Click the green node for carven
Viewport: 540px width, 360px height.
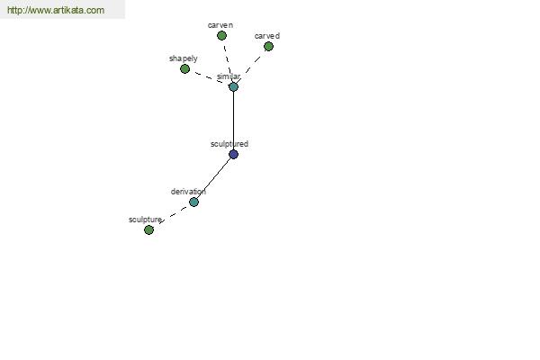coord(221,35)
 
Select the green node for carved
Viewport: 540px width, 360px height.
coord(268,47)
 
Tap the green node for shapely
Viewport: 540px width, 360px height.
coord(184,69)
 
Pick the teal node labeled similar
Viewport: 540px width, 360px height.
coord(233,86)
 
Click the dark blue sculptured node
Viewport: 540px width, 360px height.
coord(233,154)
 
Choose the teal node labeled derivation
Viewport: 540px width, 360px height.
coord(193,202)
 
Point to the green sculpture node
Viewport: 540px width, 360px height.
coord(148,229)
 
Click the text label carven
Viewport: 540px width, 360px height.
coord(220,25)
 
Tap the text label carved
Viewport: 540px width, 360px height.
coord(267,36)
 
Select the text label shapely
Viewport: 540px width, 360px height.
coord(184,58)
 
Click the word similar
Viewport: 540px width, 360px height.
coord(229,76)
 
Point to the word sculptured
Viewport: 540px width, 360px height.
coord(229,144)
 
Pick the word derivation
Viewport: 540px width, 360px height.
coord(188,192)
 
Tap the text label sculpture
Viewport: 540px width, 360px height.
coord(145,220)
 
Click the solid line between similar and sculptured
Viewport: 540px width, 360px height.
coord(233,121)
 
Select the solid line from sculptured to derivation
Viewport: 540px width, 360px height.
coord(214,178)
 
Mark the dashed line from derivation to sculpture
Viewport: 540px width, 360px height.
coord(175,213)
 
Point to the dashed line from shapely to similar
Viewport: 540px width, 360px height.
coord(209,77)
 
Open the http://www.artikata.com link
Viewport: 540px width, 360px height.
coord(56,10)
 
